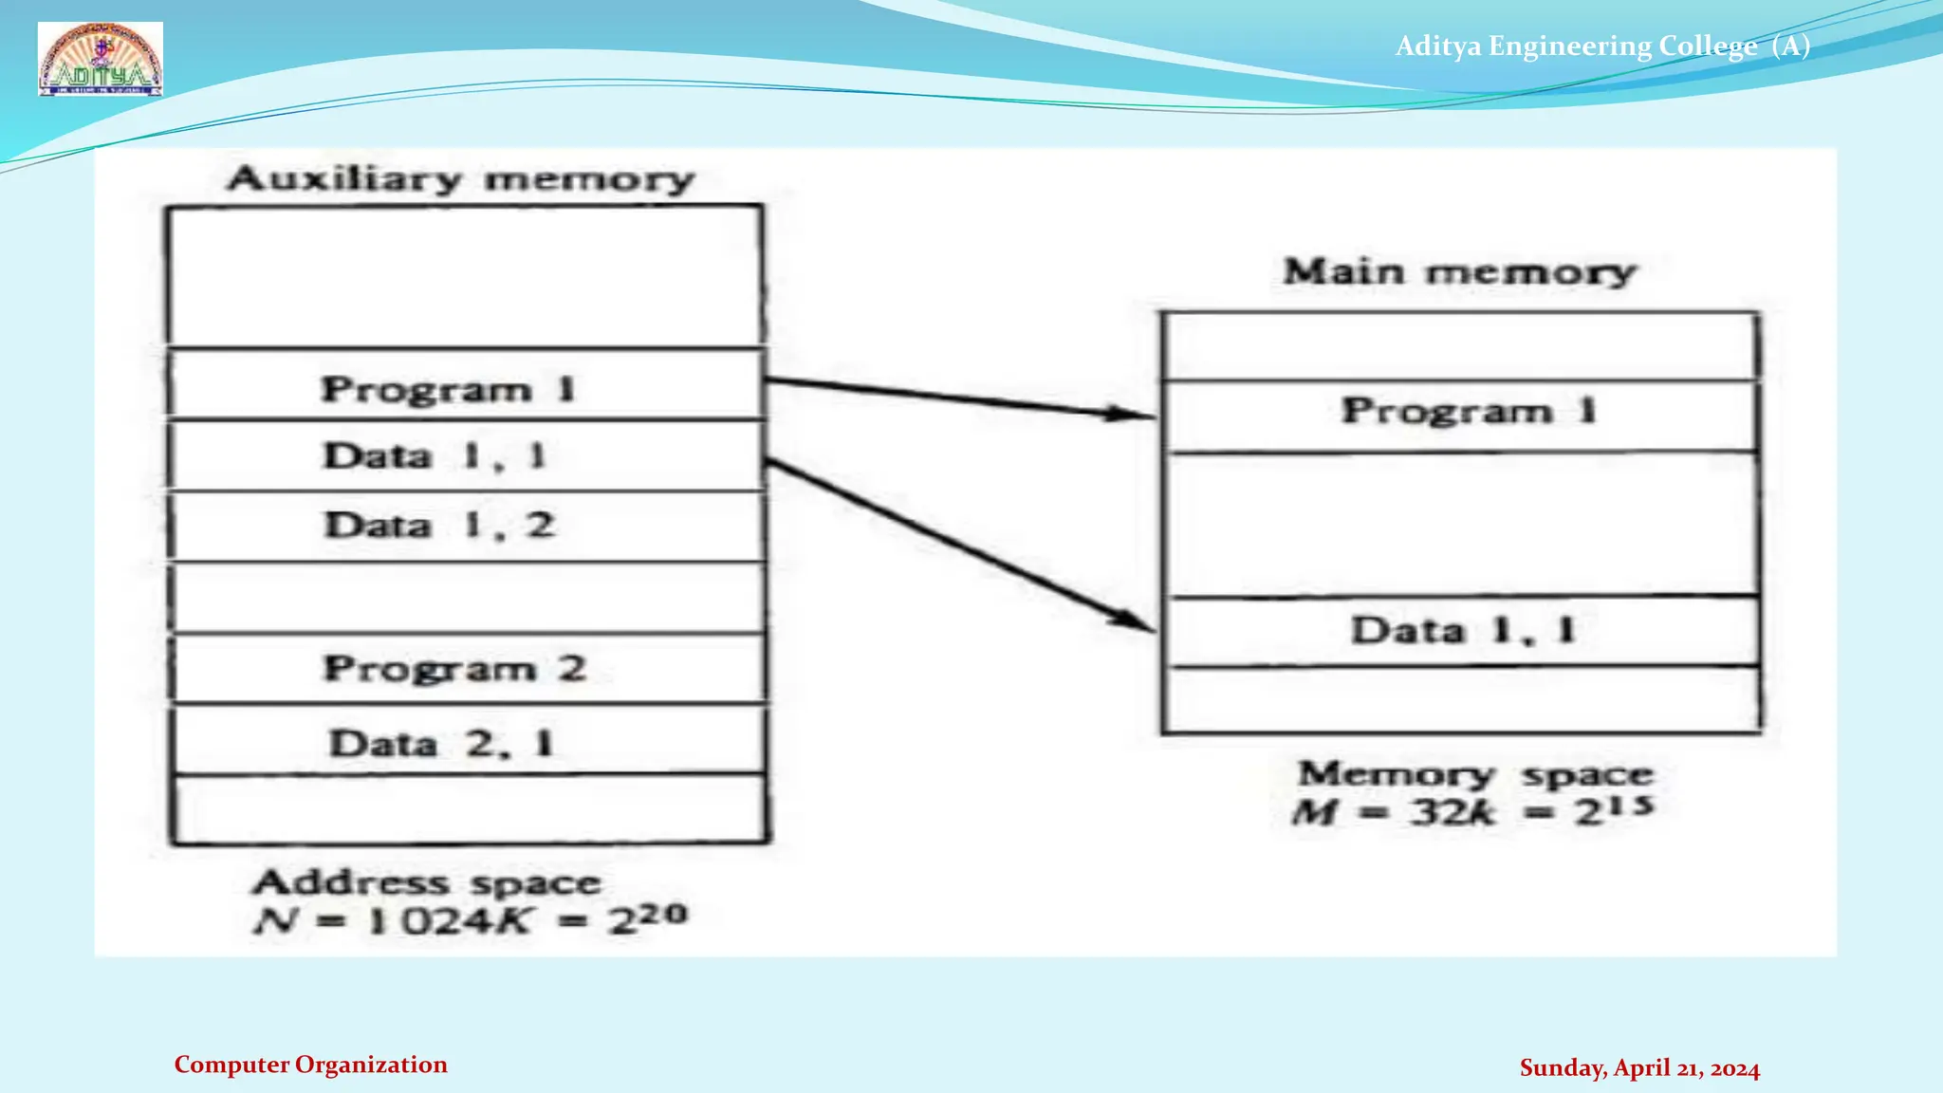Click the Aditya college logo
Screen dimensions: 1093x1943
[101, 59]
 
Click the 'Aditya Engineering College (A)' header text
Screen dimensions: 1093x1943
[1601, 46]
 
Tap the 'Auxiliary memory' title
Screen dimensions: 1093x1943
[461, 178]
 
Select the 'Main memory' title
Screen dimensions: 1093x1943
[1459, 271]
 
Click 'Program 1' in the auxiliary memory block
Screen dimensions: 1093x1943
[449, 389]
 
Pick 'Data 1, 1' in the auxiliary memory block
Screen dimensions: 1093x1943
[435, 456]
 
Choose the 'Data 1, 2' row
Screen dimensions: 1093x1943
[439, 526]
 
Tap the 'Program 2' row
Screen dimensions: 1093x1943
[454, 669]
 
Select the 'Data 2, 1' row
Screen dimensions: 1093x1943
[441, 743]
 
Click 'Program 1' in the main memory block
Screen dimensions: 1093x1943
[1469, 411]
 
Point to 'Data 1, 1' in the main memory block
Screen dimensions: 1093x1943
[1463, 631]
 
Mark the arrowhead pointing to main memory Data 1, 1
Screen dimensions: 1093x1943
[1137, 622]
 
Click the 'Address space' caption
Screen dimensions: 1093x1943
[427, 882]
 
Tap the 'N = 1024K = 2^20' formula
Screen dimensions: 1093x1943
[471, 919]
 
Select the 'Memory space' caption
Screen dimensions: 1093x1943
[1475, 774]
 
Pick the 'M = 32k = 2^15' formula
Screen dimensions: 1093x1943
[1472, 811]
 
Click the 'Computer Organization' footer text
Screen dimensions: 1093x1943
[310, 1065]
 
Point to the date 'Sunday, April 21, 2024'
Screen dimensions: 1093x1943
[1639, 1068]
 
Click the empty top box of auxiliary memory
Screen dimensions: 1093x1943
[465, 275]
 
